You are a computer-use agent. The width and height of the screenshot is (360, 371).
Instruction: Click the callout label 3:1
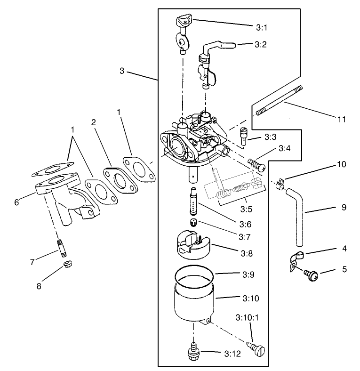[262, 28]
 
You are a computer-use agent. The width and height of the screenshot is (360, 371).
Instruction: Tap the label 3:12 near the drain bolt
[232, 353]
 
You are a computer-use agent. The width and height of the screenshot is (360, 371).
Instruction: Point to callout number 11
[342, 120]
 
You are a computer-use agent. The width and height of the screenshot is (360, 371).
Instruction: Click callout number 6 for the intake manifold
[16, 202]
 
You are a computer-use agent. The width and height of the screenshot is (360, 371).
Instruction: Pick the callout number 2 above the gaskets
[94, 122]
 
